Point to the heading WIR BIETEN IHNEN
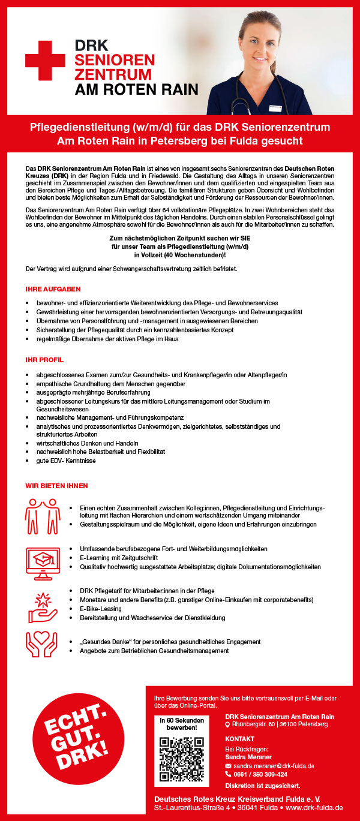click(x=56, y=486)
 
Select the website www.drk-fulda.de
click(x=314, y=808)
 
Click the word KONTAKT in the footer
click(x=240, y=739)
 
